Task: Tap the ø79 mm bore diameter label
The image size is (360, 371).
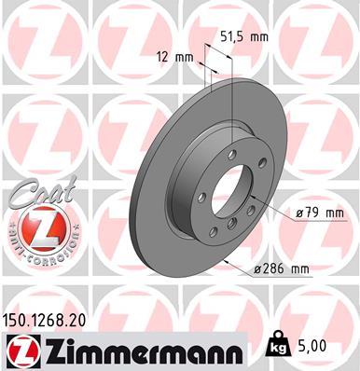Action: pos(319,213)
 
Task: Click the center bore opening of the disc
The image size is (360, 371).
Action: pos(232,186)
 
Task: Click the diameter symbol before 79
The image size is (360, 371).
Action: pos(299,213)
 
